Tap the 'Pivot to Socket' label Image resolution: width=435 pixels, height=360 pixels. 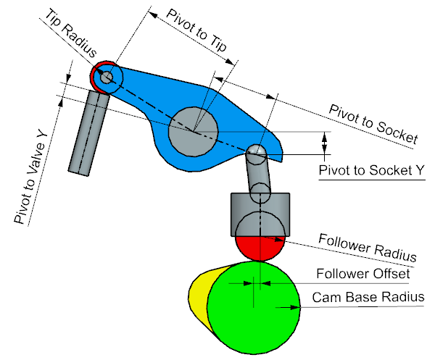pos(373,123)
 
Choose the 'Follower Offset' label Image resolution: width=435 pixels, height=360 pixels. pos(362,275)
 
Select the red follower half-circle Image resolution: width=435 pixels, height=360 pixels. pos(260,248)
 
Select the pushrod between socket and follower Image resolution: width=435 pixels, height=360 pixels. pos(258,177)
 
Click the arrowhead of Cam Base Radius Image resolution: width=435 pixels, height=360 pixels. pos(297,307)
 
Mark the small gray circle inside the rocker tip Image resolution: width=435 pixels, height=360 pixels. pos(107,76)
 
